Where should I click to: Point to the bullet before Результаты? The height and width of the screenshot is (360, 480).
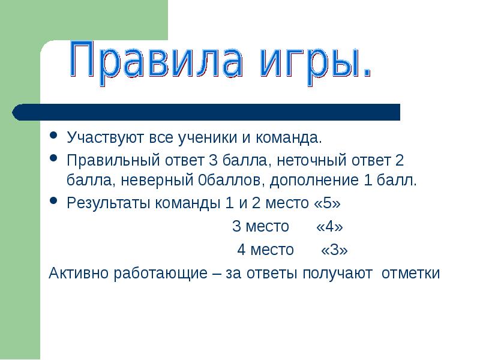point(53,201)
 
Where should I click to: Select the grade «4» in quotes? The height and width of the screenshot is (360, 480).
point(329,227)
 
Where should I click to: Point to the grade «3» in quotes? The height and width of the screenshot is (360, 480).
point(334,250)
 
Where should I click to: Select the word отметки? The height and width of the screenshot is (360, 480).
point(411,273)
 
